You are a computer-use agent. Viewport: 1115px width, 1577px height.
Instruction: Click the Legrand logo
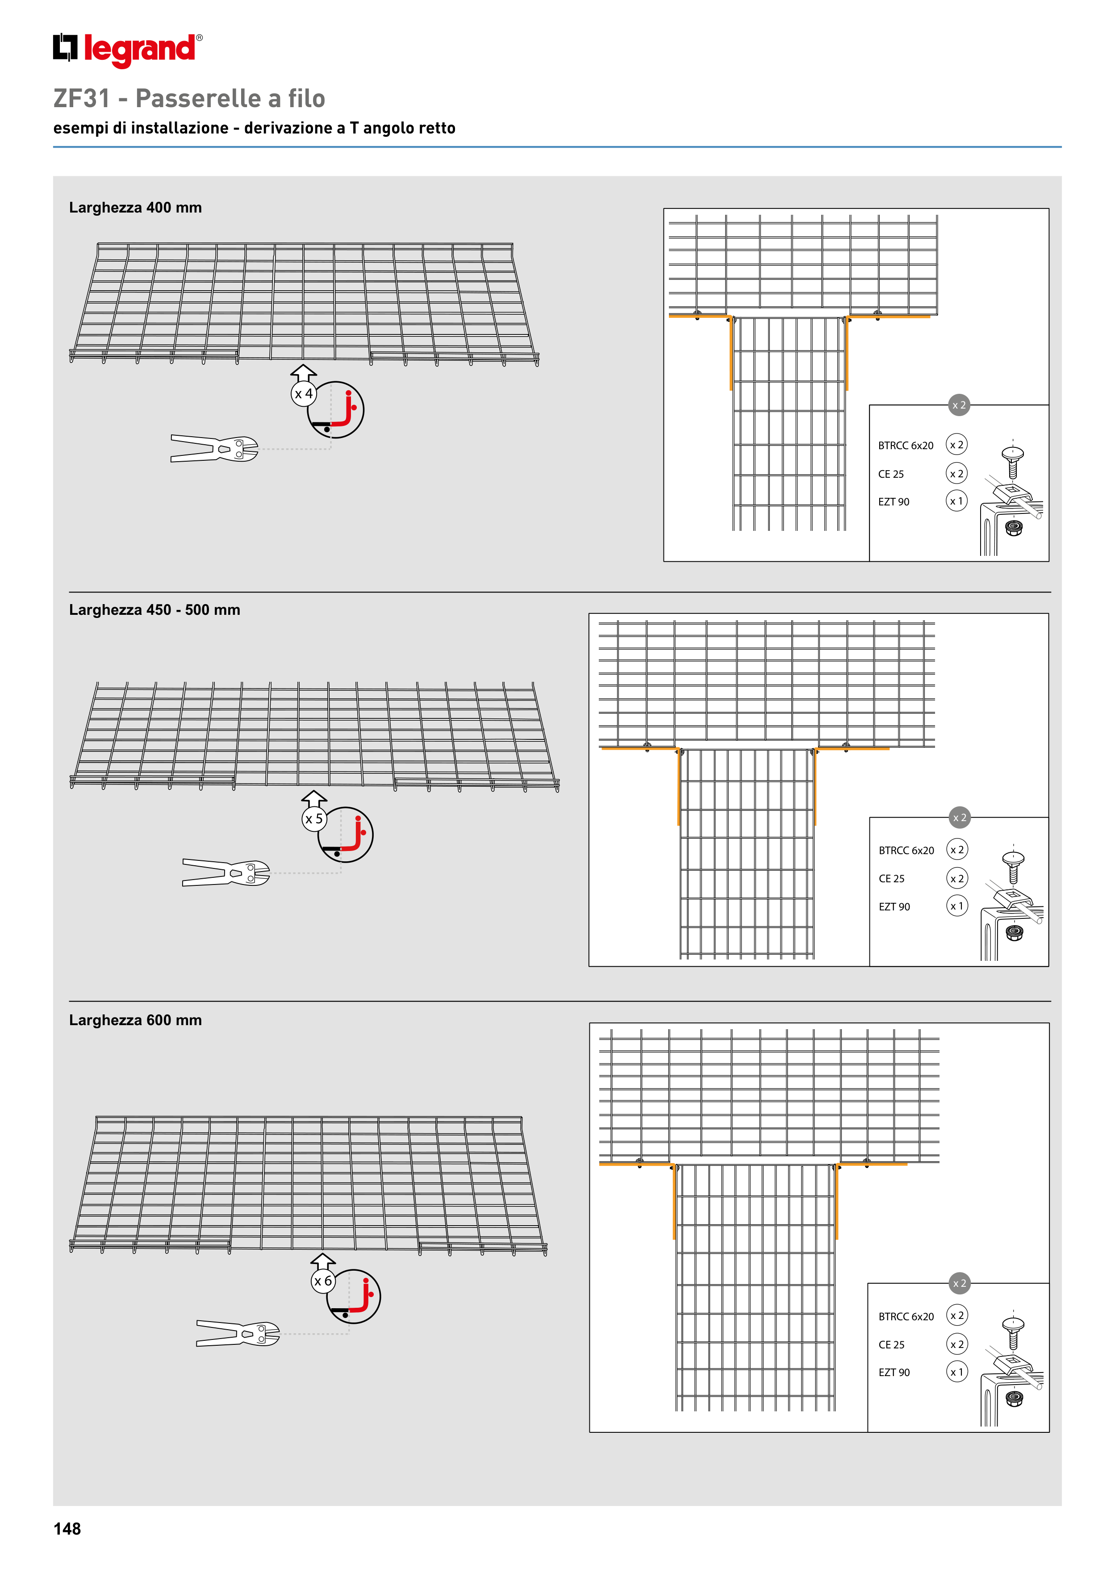pyautogui.click(x=128, y=50)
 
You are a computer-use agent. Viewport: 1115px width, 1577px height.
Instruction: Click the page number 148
pyautogui.click(x=67, y=1528)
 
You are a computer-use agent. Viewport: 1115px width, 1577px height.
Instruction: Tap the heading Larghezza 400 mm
pyautogui.click(x=135, y=208)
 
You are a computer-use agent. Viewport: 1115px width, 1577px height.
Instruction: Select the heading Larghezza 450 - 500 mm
pyautogui.click(x=155, y=610)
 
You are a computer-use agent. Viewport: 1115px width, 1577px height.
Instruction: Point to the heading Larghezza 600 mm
pyautogui.click(x=135, y=1020)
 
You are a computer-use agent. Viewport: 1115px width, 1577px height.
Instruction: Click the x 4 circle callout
pyautogui.click(x=304, y=393)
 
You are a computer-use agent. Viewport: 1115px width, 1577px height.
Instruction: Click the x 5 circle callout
pyautogui.click(x=314, y=819)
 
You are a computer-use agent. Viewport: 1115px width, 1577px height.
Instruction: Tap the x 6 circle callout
pyautogui.click(x=323, y=1281)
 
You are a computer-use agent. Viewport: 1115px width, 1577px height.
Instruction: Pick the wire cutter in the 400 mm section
pyautogui.click(x=214, y=449)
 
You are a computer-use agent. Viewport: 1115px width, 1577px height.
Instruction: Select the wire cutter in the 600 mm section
pyautogui.click(x=238, y=1333)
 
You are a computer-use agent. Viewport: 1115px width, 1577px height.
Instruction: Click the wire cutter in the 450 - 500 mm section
pyautogui.click(x=226, y=872)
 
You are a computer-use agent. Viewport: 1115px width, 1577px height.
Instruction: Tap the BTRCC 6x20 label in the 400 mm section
pyautogui.click(x=906, y=446)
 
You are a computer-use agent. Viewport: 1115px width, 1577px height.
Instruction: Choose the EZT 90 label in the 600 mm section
pyautogui.click(x=894, y=1373)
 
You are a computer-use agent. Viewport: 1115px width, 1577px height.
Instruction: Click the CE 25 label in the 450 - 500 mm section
pyautogui.click(x=892, y=879)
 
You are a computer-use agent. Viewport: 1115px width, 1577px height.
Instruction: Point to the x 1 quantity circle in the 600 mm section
pyautogui.click(x=957, y=1372)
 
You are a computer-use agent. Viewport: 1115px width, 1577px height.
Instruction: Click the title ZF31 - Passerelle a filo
pyautogui.click(x=189, y=98)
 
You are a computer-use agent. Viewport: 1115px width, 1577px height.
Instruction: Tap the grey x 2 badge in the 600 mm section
pyautogui.click(x=960, y=1283)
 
